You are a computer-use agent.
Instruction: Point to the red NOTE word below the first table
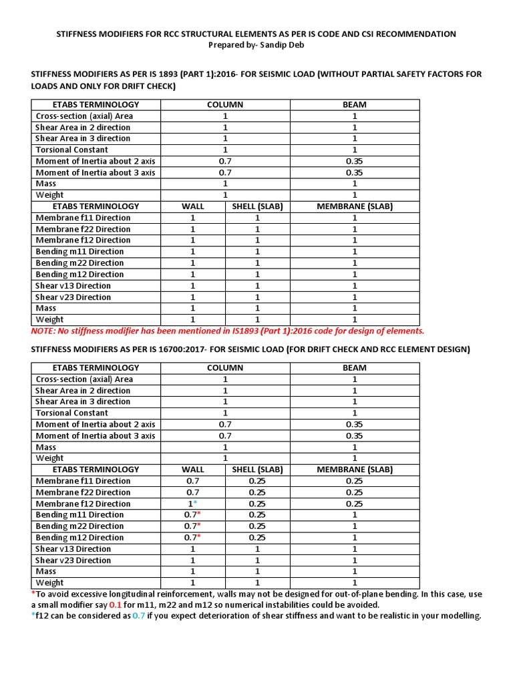pos(43,331)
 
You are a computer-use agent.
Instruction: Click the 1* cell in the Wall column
pos(192,504)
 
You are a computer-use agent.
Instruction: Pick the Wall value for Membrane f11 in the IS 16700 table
pos(192,481)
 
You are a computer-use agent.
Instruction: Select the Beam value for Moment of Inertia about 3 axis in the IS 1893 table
pos(354,172)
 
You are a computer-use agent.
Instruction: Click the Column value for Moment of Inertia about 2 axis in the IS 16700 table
pos(225,424)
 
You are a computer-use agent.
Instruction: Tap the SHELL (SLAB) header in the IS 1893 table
pos(257,206)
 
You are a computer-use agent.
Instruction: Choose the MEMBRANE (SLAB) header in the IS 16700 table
pos(354,470)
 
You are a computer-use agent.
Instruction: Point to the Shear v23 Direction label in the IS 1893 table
pos(73,297)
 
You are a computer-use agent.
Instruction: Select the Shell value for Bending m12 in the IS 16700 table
pos(257,538)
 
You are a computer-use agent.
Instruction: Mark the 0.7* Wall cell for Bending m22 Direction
pos(192,526)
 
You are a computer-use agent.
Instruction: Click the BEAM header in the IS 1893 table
pos(354,105)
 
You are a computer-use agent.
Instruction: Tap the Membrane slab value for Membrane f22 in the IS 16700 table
pos(354,492)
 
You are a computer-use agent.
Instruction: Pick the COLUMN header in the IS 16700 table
pos(225,368)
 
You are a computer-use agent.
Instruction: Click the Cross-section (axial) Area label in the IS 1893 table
pos(84,116)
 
